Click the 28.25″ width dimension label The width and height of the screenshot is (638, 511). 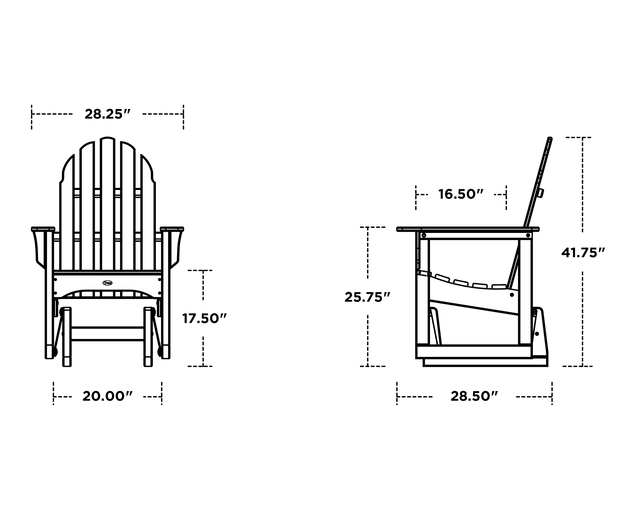(x=107, y=114)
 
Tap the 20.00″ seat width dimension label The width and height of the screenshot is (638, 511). (x=107, y=396)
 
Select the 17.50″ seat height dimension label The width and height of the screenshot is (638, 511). (x=204, y=319)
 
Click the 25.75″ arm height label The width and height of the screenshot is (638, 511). (x=367, y=297)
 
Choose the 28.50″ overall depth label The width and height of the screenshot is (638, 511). (x=474, y=396)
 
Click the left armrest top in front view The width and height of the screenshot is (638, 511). (x=43, y=229)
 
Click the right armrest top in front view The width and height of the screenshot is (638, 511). (x=172, y=229)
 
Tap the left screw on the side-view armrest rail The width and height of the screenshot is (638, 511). (x=424, y=235)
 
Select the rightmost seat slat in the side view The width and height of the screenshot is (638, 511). (x=499, y=286)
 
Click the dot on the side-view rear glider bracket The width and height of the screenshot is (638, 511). (x=537, y=334)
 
